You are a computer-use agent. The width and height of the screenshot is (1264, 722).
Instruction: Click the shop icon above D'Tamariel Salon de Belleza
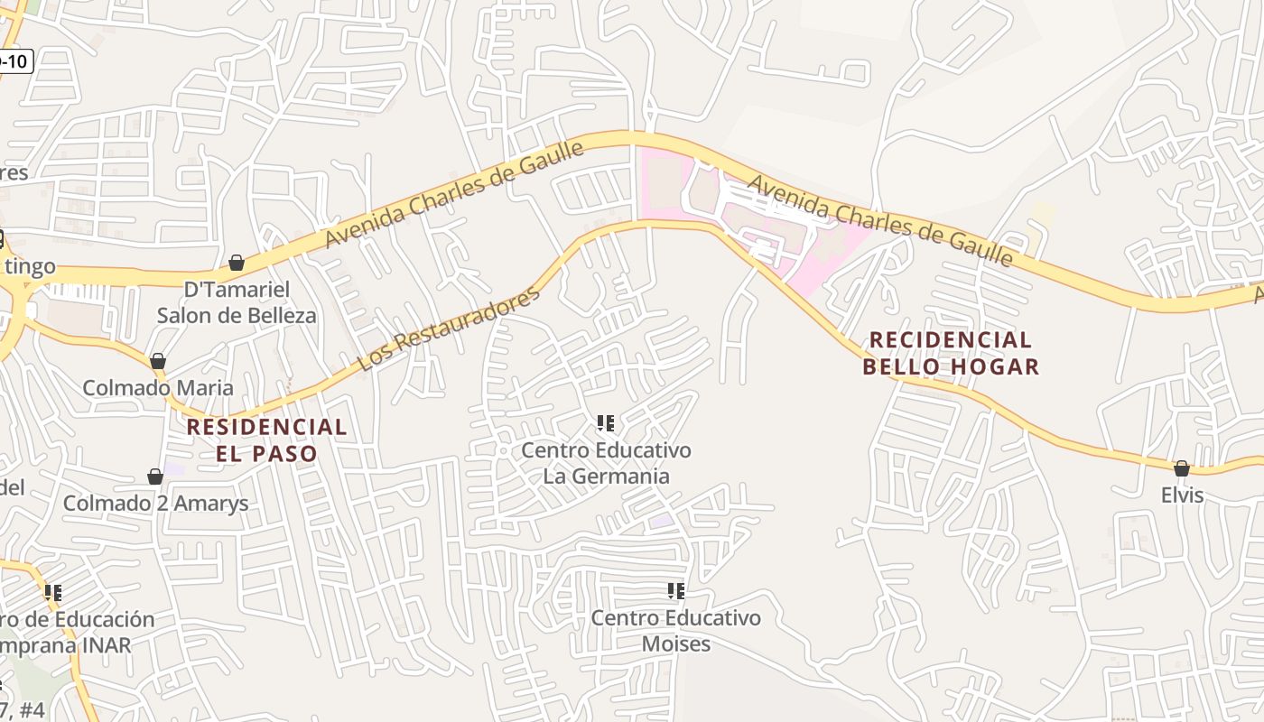[237, 263]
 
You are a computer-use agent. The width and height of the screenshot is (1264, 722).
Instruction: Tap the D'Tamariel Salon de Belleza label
[237, 302]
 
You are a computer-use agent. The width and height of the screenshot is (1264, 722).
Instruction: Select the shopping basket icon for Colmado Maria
[158, 361]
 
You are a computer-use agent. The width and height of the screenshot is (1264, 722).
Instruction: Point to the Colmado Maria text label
[158, 388]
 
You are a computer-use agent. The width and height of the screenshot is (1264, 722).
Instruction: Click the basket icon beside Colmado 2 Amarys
[155, 477]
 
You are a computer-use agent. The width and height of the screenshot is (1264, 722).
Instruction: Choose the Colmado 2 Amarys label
[155, 504]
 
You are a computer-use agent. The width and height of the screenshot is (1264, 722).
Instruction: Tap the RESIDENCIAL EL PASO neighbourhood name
[266, 440]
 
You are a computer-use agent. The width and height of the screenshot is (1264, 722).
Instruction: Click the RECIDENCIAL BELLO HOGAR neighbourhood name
[951, 353]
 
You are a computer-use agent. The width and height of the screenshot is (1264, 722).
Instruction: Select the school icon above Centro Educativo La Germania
[606, 422]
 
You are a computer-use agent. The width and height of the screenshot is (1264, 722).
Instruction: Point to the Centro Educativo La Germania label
[606, 463]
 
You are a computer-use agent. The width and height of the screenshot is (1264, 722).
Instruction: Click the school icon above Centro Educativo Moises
[675, 591]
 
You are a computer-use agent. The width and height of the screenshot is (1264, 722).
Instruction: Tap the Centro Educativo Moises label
[675, 631]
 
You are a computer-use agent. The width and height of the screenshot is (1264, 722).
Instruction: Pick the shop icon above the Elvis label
[1181, 468]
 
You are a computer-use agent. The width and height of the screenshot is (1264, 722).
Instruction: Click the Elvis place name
[1182, 495]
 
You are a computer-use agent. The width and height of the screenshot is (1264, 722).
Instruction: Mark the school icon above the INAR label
[53, 593]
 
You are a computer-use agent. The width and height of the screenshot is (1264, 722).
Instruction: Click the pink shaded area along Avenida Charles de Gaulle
[664, 185]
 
